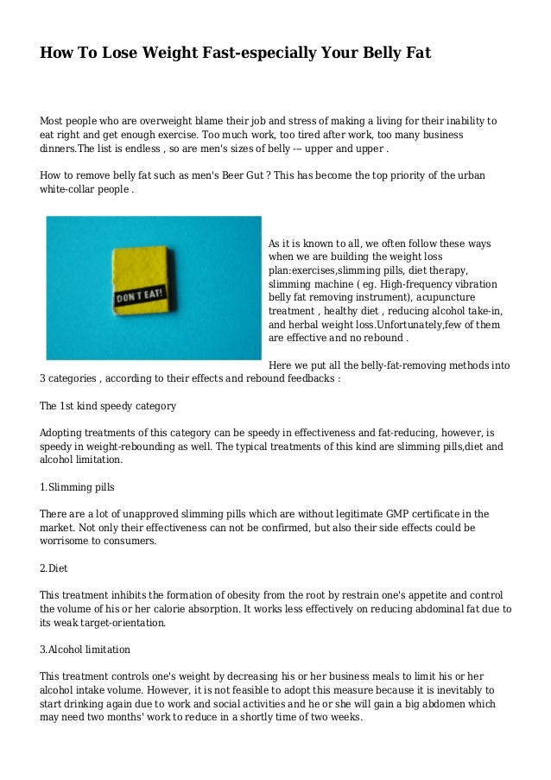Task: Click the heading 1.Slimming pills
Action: click(78, 487)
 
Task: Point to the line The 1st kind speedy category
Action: click(109, 405)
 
